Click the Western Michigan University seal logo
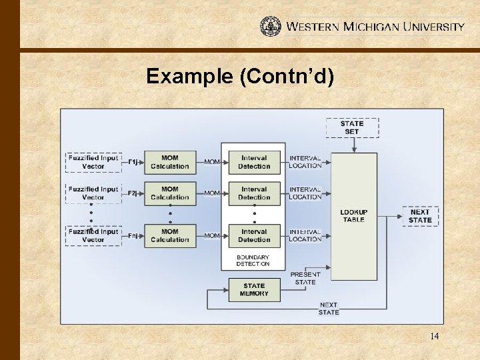click(271, 26)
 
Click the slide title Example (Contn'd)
click(240, 77)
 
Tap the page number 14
click(434, 336)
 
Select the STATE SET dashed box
click(352, 127)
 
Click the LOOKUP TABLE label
click(354, 216)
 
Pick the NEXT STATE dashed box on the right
click(420, 216)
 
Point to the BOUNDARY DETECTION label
click(253, 261)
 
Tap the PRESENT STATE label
click(305, 278)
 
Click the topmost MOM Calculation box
click(170, 162)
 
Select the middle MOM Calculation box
click(170, 193)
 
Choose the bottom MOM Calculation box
click(170, 235)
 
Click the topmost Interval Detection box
click(254, 162)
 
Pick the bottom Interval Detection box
click(254, 235)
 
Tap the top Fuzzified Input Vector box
click(93, 162)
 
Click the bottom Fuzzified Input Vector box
click(93, 235)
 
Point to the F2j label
click(133, 193)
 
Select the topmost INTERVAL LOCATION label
click(305, 162)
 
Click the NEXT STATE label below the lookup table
click(329, 309)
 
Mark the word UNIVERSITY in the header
click(434, 27)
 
